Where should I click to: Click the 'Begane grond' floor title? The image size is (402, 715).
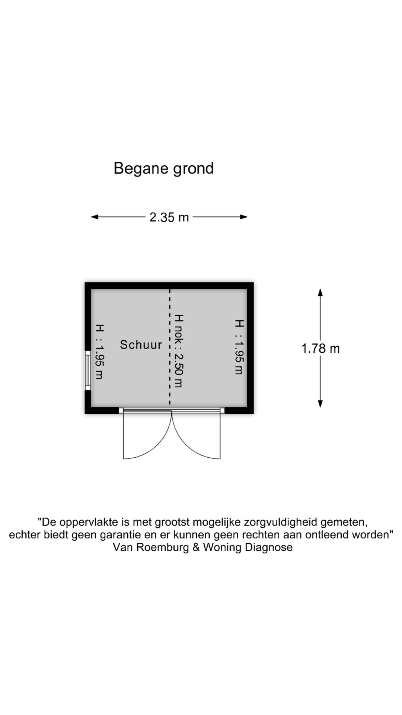164,169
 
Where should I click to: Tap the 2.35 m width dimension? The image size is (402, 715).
169,217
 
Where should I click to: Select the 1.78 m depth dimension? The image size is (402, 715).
320,349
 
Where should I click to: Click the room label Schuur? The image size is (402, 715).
141,345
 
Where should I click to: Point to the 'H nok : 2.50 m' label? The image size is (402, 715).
179,351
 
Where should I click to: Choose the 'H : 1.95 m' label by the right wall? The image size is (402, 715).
239,347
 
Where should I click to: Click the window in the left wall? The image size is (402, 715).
88,371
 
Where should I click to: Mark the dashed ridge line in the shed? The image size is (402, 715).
170,347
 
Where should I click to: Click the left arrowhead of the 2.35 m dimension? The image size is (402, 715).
95,217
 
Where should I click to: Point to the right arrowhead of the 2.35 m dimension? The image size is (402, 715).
244,217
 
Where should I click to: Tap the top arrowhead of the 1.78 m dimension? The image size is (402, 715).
320,293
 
